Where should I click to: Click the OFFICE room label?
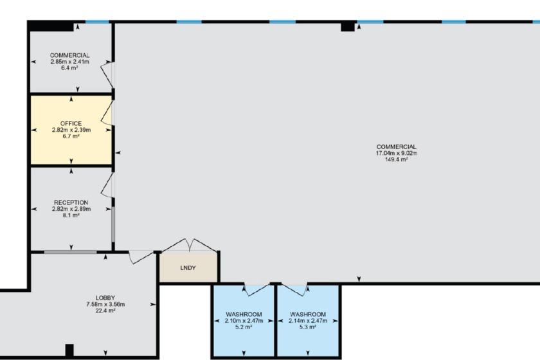tap(71, 123)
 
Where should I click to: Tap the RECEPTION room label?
tap(71, 203)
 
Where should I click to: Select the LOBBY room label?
tap(105, 298)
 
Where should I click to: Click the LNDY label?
tap(188, 267)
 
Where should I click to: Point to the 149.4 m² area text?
tap(397, 159)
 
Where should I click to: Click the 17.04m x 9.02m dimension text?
tap(397, 153)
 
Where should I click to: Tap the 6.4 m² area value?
tap(69, 68)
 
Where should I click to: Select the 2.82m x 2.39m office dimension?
tap(71, 130)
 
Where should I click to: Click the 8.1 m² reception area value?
tap(71, 215)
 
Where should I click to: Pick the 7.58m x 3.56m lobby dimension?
tap(105, 305)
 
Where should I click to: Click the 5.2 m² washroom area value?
tap(244, 327)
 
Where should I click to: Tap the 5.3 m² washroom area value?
tap(308, 327)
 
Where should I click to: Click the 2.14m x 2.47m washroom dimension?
tap(308, 321)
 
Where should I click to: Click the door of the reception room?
tap(107, 185)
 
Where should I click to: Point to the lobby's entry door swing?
tap(141, 257)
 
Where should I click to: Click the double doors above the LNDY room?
tap(189, 246)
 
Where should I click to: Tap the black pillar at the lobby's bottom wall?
tap(69, 350)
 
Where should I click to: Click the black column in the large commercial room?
tap(348, 26)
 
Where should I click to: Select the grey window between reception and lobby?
tap(70, 252)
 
